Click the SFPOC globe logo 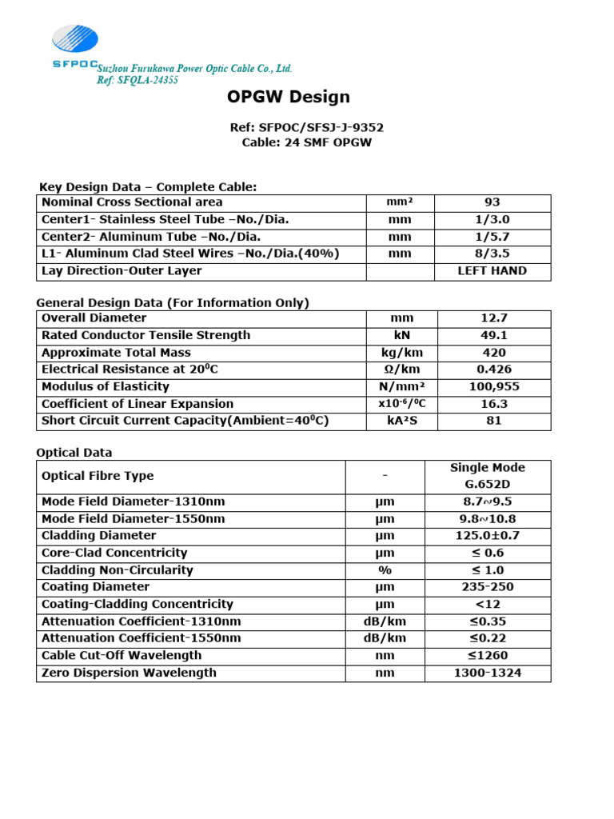(75, 40)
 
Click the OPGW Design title (288, 98)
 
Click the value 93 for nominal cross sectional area (492, 202)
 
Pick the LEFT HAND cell (492, 271)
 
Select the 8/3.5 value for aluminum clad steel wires (492, 254)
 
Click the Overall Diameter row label (94, 318)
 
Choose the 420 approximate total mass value (492, 353)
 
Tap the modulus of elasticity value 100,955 (492, 387)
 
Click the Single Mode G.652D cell (488, 477)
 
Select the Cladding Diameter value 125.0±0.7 (488, 536)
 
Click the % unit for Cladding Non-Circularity (385, 570)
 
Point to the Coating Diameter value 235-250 (488, 587)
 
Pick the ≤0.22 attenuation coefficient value (488, 638)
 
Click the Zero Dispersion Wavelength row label (129, 673)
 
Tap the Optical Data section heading (74, 453)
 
